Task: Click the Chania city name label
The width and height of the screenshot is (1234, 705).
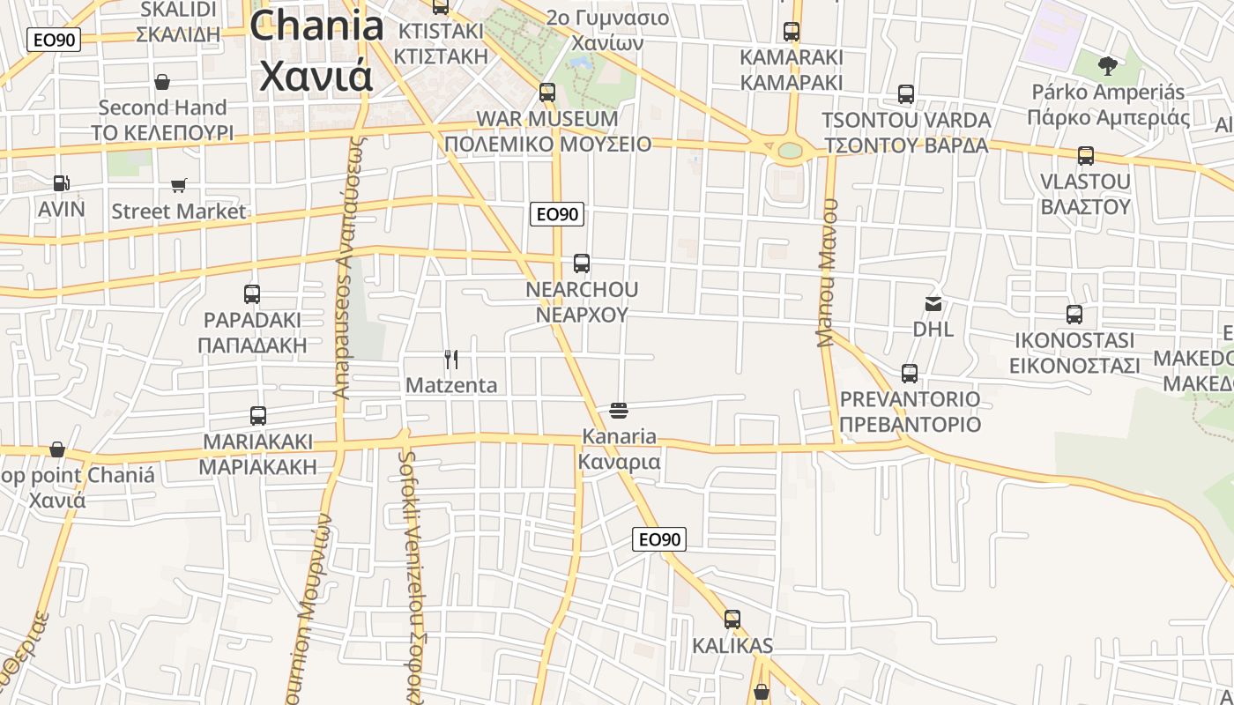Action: (x=317, y=50)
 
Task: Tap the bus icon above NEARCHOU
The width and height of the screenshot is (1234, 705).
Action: (x=582, y=263)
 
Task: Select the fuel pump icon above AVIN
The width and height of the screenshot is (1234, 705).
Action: (x=62, y=183)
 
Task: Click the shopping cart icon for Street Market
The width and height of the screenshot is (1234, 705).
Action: (x=179, y=185)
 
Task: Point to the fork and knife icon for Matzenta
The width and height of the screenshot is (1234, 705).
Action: (x=451, y=359)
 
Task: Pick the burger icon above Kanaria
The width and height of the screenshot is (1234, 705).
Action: (x=619, y=410)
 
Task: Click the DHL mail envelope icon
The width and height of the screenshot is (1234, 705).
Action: (x=933, y=304)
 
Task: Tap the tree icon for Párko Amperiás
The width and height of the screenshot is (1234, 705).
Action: (x=1108, y=65)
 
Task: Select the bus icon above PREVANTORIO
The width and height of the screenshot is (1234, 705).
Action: (x=910, y=374)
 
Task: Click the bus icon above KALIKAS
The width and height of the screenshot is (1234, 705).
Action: (x=732, y=620)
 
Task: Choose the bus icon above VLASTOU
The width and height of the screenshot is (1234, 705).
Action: (x=1086, y=156)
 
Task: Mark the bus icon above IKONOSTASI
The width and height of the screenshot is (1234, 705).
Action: (x=1074, y=315)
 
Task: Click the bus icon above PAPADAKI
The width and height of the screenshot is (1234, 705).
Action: (x=252, y=294)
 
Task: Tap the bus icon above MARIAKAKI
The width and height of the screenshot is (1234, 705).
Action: (x=258, y=416)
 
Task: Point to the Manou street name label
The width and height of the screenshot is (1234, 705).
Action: (x=827, y=272)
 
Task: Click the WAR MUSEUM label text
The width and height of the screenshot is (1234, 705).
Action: (x=547, y=118)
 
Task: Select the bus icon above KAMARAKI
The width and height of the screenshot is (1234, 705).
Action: (x=792, y=32)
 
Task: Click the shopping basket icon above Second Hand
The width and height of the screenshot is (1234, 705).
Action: (x=162, y=82)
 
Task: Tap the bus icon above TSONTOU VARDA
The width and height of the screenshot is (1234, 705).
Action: (x=906, y=94)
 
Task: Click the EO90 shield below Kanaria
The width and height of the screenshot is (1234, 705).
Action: (x=659, y=539)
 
